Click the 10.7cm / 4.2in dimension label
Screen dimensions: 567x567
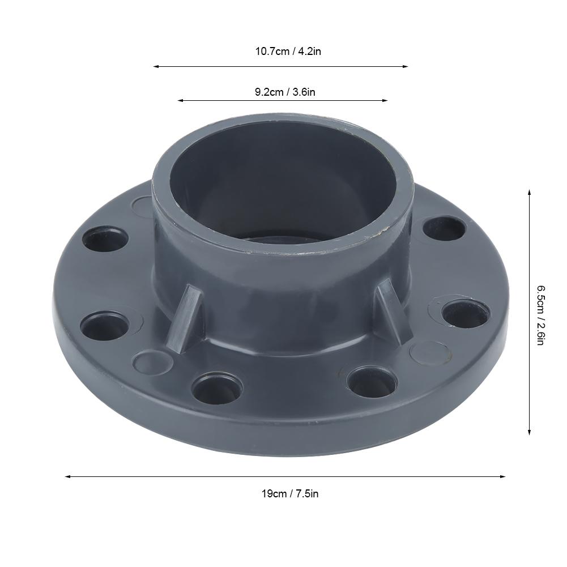point(288,52)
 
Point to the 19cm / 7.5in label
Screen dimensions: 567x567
point(289,493)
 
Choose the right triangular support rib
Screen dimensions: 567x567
point(390,309)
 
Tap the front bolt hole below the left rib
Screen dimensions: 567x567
point(216,388)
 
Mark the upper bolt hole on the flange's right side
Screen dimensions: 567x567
point(445,229)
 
